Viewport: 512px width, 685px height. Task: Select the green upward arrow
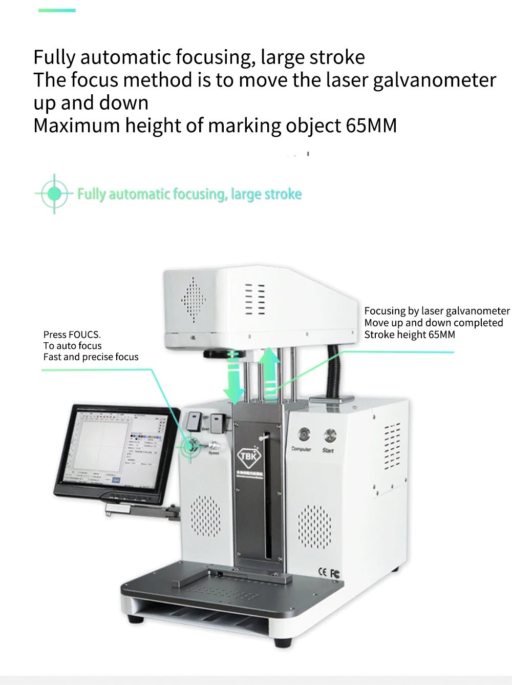pos(269,370)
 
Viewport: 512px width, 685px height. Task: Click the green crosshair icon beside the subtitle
pos(54,194)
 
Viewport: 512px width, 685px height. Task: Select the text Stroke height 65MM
pos(409,335)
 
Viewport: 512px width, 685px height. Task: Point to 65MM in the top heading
pos(371,126)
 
